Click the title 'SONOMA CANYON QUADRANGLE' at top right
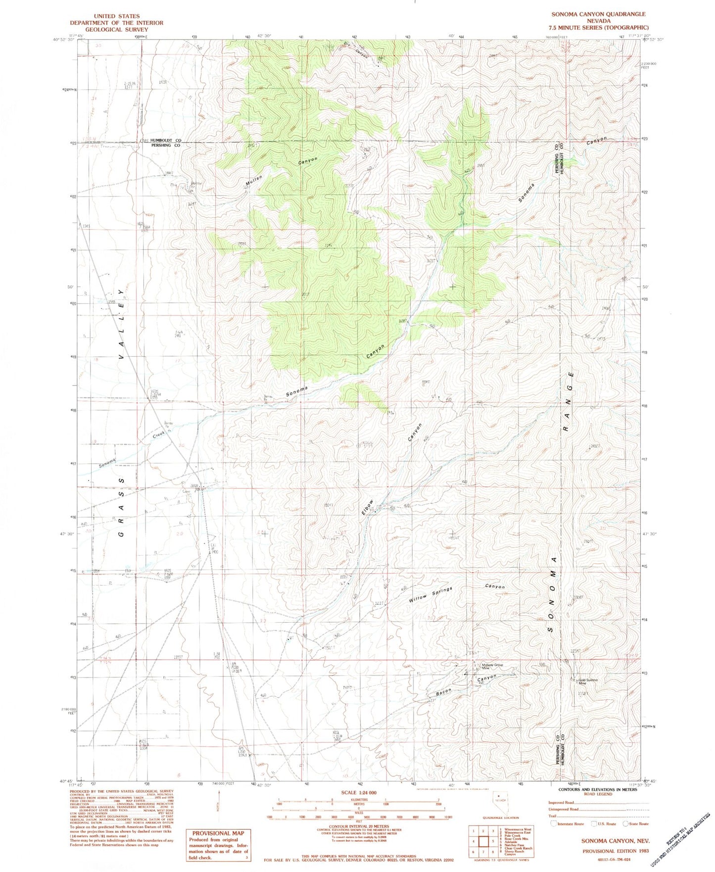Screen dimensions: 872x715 point(598,14)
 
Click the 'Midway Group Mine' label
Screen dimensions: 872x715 point(491,666)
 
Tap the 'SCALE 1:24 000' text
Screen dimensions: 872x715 point(359,793)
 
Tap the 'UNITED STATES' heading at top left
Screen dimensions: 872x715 point(116,16)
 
